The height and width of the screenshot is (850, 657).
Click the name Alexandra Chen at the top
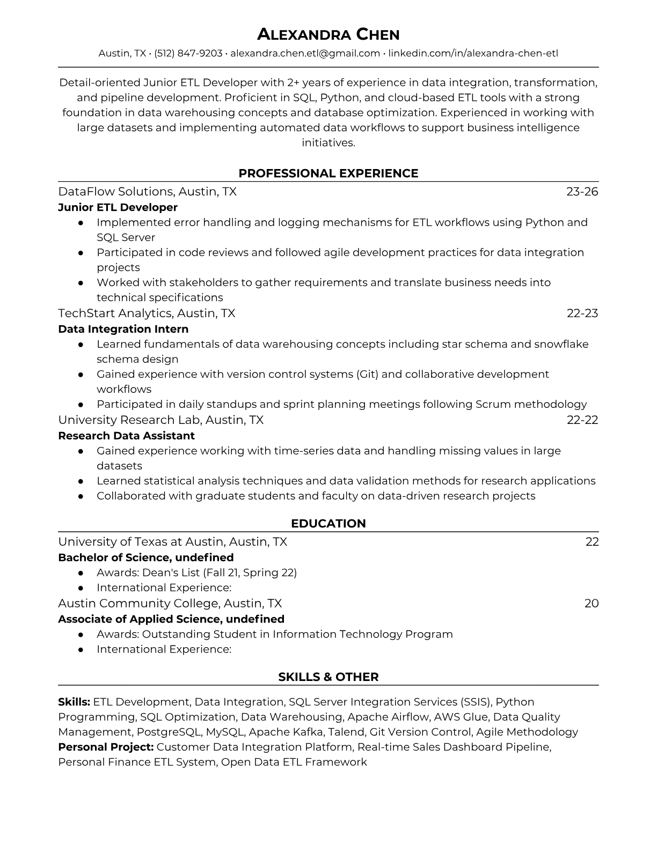(x=328, y=35)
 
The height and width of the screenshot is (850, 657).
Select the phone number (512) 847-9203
(x=188, y=53)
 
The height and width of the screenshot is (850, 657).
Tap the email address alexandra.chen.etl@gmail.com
(x=305, y=53)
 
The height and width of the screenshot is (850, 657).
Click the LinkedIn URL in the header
(x=473, y=53)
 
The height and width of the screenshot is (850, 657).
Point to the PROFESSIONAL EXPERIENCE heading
(x=328, y=173)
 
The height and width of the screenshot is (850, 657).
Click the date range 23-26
(x=582, y=192)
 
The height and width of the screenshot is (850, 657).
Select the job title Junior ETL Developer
(x=118, y=207)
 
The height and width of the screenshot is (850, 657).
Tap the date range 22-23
(x=582, y=313)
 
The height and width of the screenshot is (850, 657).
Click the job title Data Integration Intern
(x=123, y=329)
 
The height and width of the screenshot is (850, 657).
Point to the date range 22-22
(x=582, y=420)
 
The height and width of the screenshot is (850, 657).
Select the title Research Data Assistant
(x=126, y=436)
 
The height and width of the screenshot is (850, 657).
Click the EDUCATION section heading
(x=328, y=524)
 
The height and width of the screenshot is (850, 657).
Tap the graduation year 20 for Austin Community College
(x=591, y=603)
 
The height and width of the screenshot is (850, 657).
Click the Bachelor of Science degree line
(x=145, y=558)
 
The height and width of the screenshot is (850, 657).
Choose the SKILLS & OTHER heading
(x=328, y=677)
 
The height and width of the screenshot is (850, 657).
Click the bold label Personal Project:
(x=106, y=747)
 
